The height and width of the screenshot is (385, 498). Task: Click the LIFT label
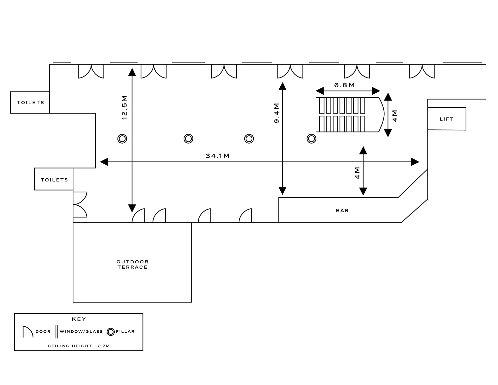pos(446,119)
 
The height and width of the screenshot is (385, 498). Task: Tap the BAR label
pos(342,211)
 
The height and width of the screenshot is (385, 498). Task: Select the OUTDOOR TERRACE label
pos(132,264)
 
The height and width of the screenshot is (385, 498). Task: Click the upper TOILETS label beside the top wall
pos(31,103)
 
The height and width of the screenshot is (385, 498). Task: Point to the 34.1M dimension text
pos(218,156)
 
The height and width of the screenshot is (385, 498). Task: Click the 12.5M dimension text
pos(125,107)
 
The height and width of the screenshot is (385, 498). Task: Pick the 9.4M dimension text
pos(276,113)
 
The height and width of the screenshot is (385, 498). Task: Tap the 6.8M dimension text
pos(344,85)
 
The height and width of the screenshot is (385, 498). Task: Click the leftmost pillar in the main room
pos(122,139)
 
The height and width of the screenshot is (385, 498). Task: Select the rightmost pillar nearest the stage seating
pos(311,139)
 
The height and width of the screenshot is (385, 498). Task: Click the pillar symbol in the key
pos(111,332)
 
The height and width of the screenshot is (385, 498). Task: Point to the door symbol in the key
pos(28,332)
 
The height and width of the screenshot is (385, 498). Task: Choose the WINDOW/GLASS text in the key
pos(81,332)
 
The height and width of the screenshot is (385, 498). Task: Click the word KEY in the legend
pos(79,319)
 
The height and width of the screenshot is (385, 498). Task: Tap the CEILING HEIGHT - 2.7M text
pos(79,346)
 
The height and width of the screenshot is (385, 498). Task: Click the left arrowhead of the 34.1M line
pos(104,162)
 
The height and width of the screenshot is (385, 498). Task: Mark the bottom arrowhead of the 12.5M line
pos(132,208)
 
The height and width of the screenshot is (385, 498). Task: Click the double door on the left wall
pos(80,205)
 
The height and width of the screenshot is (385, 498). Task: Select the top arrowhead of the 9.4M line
pos(282,86)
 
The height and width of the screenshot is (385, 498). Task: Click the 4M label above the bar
pos(357,173)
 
